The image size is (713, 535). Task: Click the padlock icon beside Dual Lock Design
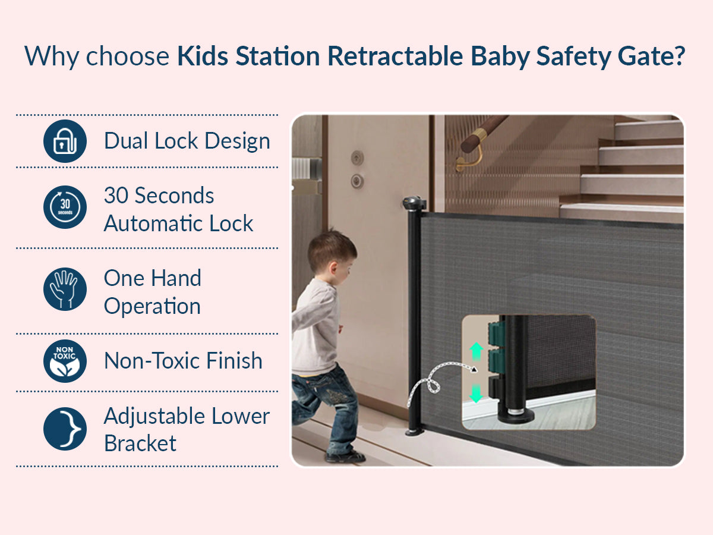coord(65,141)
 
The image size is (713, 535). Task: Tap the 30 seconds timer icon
coord(65,207)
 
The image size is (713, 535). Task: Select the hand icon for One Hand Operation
coord(65,289)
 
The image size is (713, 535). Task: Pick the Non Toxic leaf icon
coord(65,361)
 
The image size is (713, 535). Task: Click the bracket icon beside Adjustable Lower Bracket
coord(65,429)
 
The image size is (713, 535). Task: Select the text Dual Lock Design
coord(187,141)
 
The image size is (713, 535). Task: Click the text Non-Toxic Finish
coord(183,361)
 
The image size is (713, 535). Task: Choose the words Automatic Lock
coord(178,224)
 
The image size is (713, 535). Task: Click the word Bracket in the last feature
coord(140,443)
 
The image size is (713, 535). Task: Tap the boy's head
coord(330,252)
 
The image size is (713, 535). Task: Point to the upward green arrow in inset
coord(476,351)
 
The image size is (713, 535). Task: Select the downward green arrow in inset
coord(476,394)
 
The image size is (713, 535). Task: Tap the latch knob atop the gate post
coord(414,204)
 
